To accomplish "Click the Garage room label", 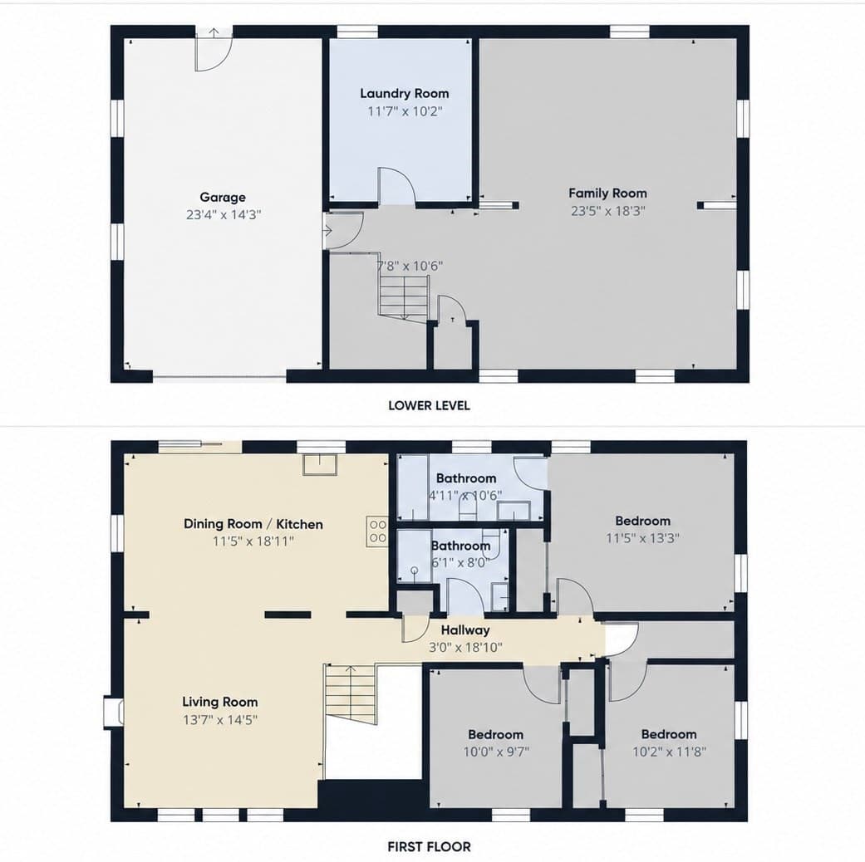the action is (223, 198).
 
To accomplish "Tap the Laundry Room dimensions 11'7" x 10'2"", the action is (405, 111).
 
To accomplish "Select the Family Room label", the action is (607, 193).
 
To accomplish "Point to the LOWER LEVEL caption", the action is (430, 405).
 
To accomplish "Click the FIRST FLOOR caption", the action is (430, 846).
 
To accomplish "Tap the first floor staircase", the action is (350, 692).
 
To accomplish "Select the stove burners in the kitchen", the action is (377, 531).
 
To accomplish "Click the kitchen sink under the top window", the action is (319, 464).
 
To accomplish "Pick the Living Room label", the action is (220, 702).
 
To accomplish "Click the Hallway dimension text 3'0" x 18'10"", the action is (465, 648).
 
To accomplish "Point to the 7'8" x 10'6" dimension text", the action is (410, 266).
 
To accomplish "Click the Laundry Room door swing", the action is (396, 186).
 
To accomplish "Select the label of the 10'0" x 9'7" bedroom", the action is (495, 735).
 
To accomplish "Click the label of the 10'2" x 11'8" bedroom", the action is (669, 735).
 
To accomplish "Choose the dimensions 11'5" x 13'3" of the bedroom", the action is (642, 538).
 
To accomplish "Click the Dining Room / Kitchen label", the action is (253, 524).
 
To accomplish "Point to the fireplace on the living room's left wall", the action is (113, 712).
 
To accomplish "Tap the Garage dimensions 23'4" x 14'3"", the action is (224, 214).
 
